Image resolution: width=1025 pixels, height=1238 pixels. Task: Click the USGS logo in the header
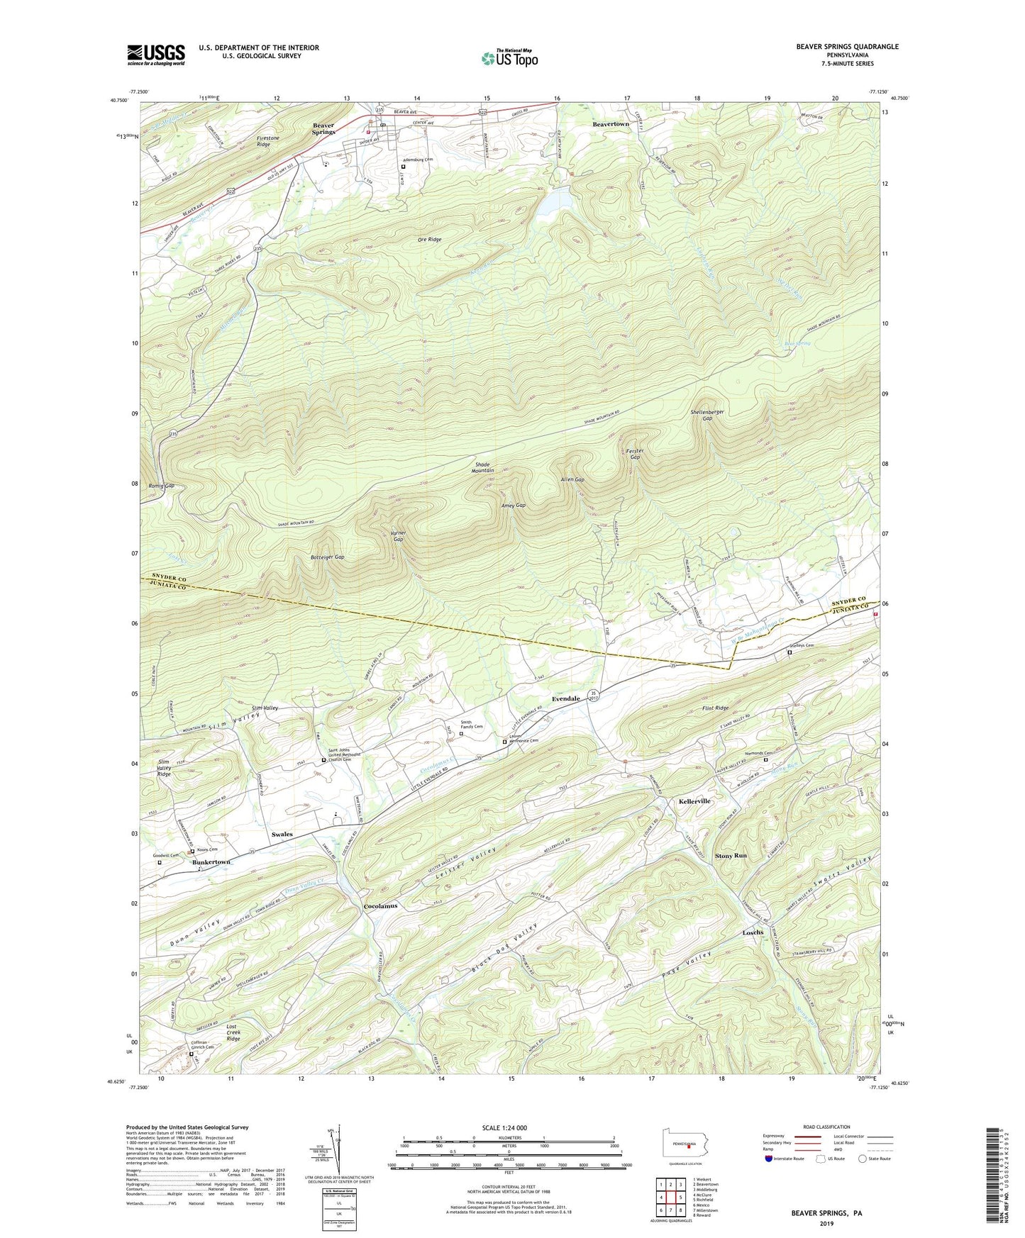[156, 55]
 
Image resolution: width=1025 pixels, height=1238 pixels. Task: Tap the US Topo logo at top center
[508, 59]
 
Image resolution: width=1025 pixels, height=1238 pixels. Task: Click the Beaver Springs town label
[323, 129]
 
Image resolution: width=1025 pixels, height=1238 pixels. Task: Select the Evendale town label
[566, 698]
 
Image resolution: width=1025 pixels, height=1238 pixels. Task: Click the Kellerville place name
[694, 801]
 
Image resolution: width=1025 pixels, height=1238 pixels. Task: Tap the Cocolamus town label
[381, 906]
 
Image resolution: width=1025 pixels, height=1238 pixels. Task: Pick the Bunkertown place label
[211, 861]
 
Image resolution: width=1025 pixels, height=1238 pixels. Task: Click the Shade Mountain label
[483, 467]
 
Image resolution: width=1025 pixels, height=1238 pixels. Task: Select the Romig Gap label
[161, 486]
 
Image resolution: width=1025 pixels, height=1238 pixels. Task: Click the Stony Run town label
[731, 856]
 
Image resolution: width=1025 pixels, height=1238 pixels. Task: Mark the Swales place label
[282, 835]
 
